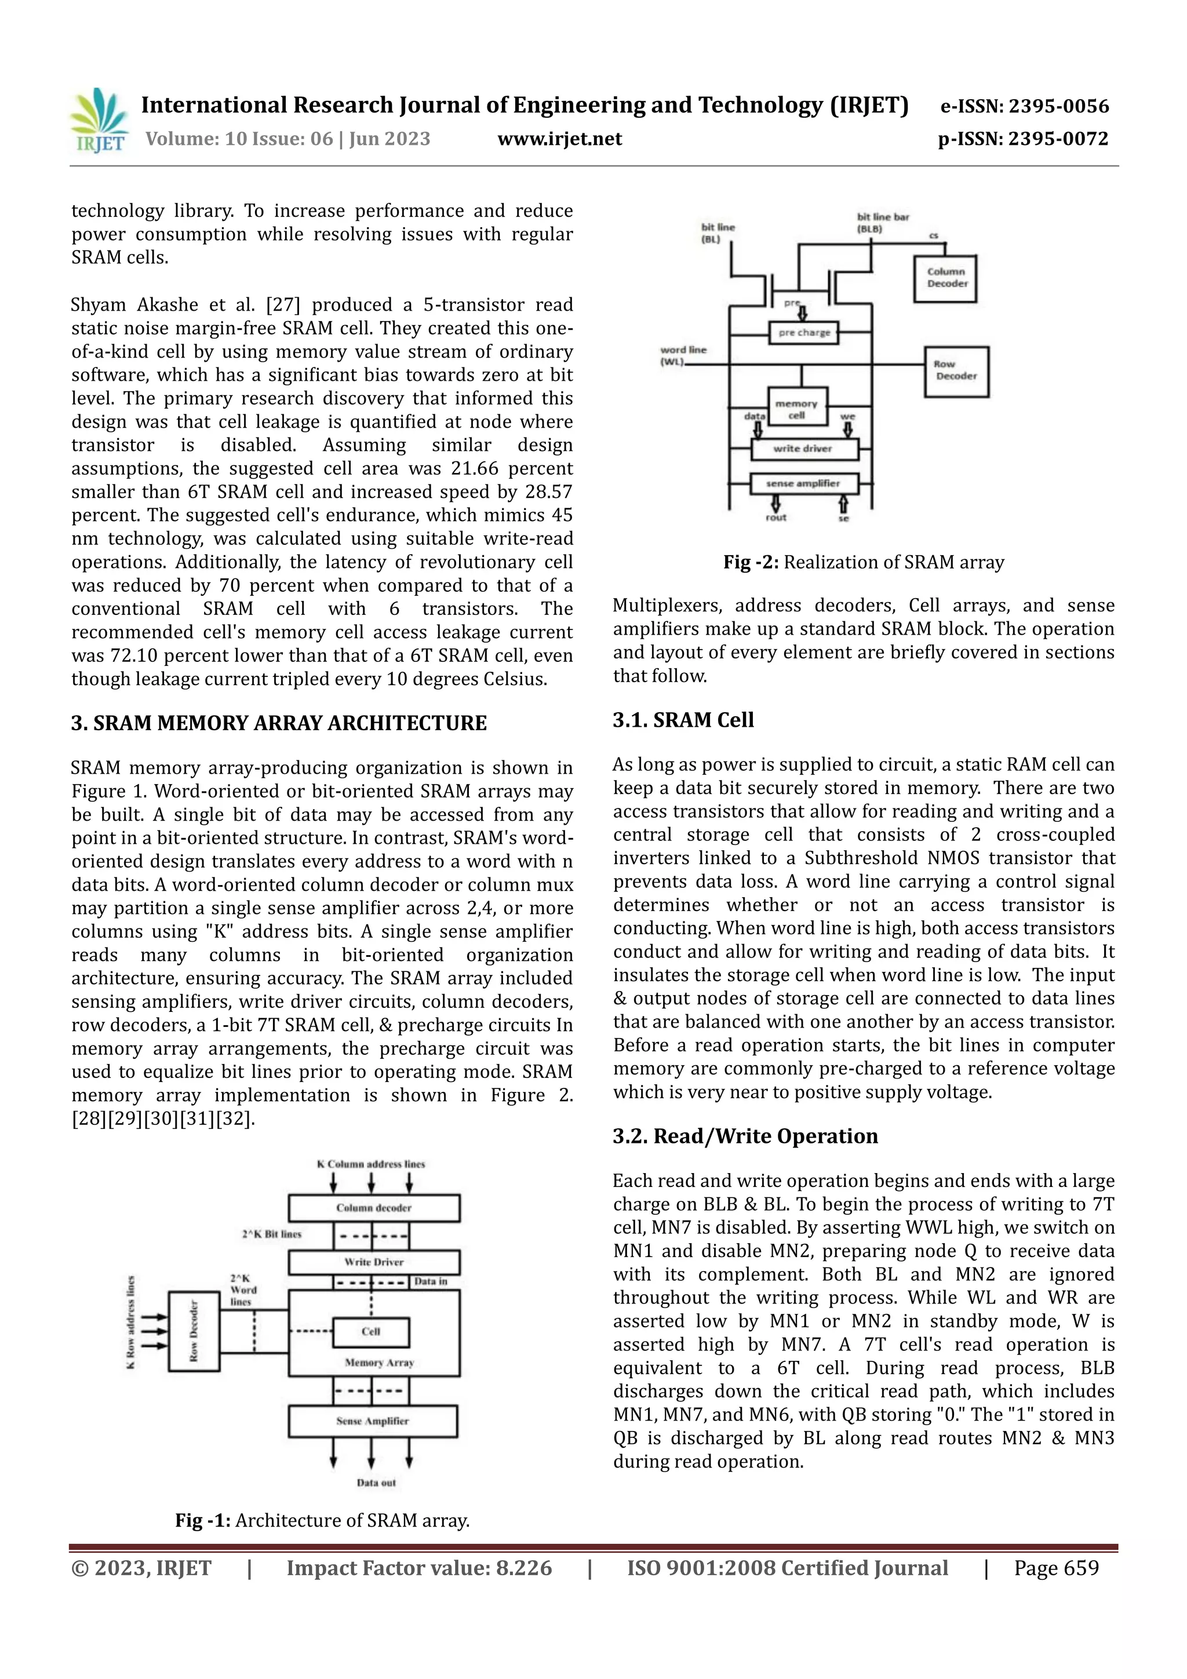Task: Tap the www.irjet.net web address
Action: click(x=559, y=139)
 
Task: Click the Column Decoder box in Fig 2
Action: click(x=946, y=278)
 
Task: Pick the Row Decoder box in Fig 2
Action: click(x=956, y=371)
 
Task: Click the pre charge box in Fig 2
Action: click(x=804, y=333)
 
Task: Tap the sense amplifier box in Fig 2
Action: click(x=803, y=483)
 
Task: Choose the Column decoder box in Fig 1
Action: click(x=374, y=1208)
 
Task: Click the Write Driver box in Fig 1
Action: click(x=374, y=1262)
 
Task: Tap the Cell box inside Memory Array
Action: click(x=371, y=1332)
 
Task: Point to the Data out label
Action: click(x=376, y=1483)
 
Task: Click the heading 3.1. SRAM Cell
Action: click(x=683, y=720)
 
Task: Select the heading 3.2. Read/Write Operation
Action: click(x=745, y=1137)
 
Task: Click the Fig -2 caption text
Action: click(x=863, y=562)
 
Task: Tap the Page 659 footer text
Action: click(x=1055, y=1568)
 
